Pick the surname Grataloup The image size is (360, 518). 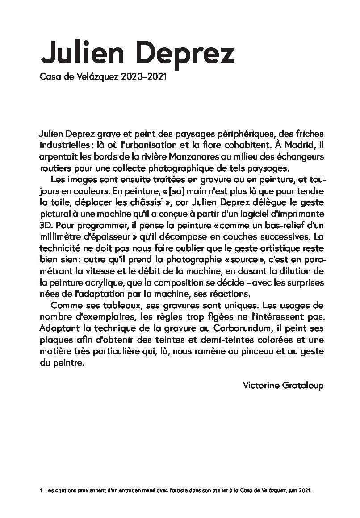(x=303, y=385)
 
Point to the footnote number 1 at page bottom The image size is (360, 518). (x=41, y=490)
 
